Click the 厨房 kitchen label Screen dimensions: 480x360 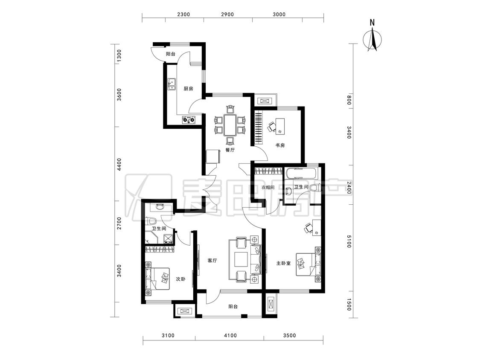188,89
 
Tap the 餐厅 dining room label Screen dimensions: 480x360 230,150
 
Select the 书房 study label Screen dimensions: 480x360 280,145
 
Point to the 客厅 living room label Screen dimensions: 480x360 212,261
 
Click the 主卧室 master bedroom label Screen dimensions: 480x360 283,263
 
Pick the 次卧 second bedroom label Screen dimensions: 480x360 180,279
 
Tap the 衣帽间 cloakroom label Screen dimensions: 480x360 268,187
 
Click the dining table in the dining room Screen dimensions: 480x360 230,125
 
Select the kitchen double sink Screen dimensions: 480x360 172,84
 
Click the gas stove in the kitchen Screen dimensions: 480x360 189,120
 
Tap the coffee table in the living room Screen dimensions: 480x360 241,259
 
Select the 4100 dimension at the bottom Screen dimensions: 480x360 230,335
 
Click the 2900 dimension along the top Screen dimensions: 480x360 227,15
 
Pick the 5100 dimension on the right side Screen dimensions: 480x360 349,241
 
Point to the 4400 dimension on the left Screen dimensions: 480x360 119,164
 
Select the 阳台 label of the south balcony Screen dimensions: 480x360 233,306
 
